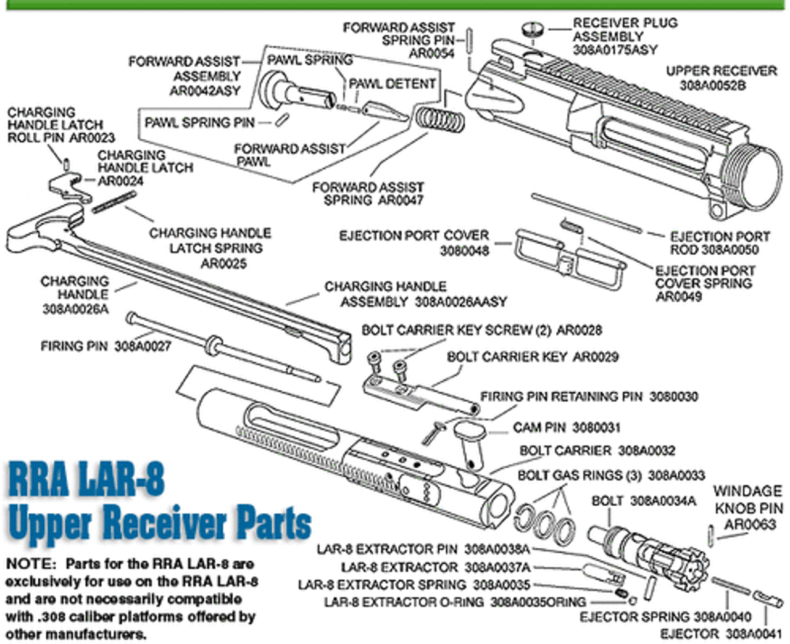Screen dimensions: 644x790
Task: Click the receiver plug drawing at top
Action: pos(532,28)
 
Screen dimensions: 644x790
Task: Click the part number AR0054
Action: pos(431,54)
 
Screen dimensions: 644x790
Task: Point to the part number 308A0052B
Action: pos(713,85)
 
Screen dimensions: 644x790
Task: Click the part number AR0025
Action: pos(223,263)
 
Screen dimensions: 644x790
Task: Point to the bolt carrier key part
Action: pos(420,395)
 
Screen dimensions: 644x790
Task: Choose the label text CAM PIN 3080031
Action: pos(567,427)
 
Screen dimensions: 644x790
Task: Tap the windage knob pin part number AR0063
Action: pos(749,524)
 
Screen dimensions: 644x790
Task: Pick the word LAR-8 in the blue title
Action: pos(120,479)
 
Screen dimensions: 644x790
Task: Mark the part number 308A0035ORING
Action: pos(538,601)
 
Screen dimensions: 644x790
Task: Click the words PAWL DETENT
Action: pos(392,84)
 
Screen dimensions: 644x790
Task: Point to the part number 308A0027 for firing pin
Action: pos(143,347)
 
